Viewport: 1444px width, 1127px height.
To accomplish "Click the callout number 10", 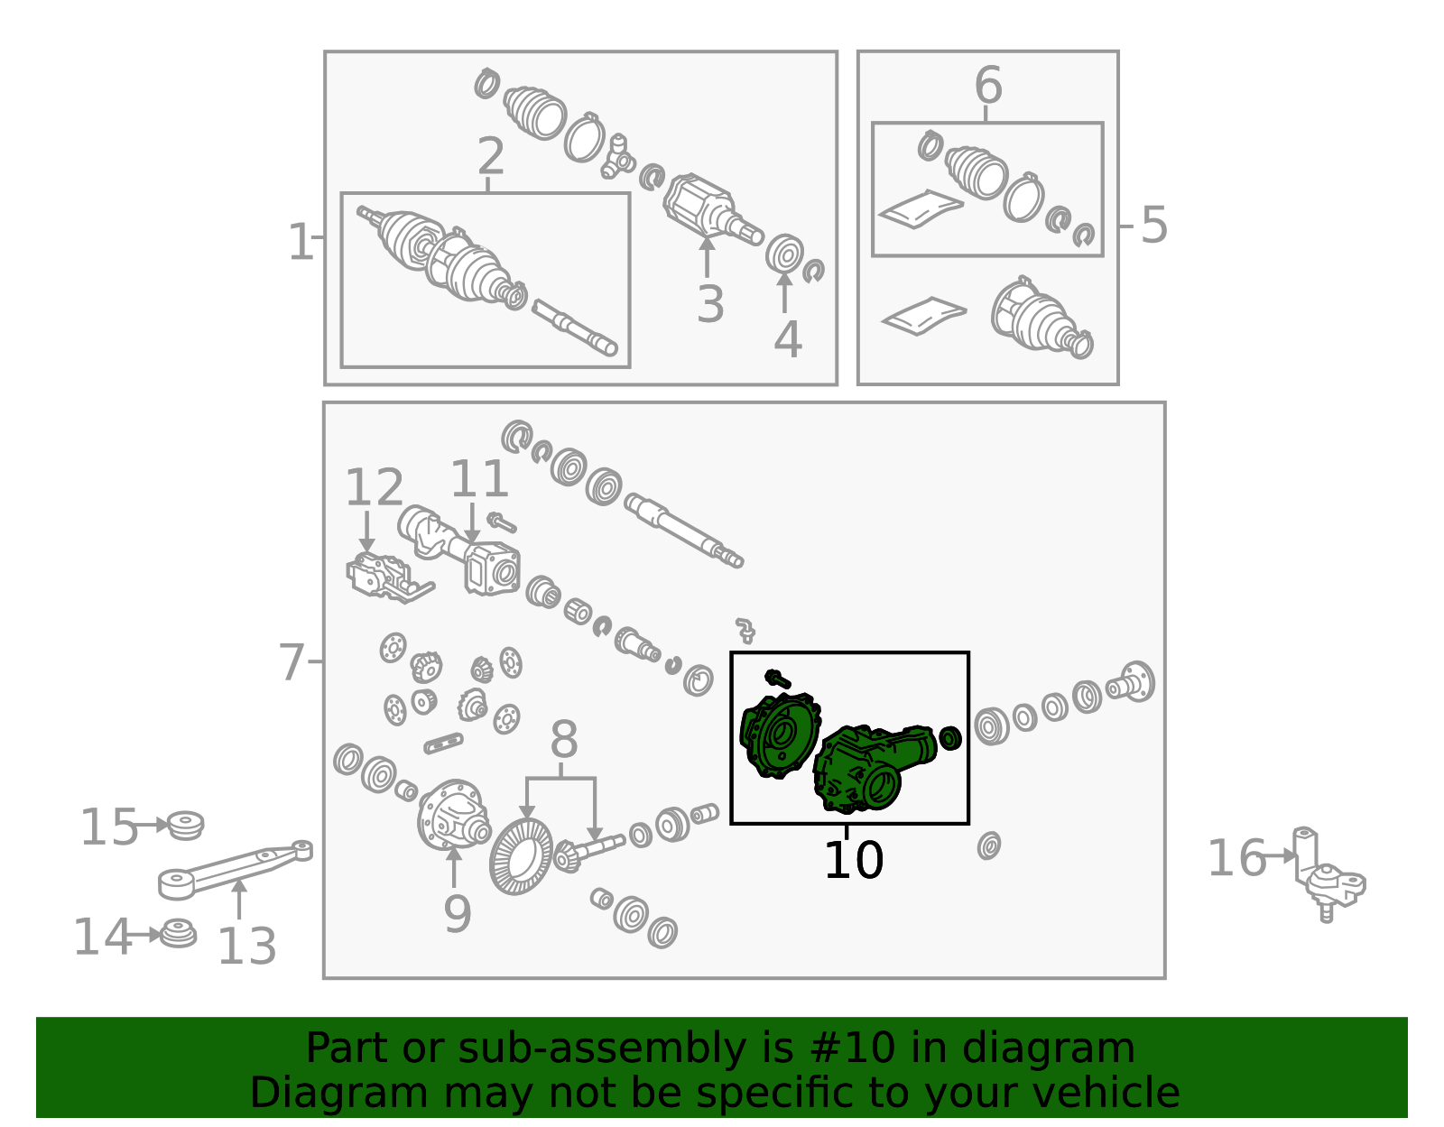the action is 853,861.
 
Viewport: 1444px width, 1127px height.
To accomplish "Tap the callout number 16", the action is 1236,858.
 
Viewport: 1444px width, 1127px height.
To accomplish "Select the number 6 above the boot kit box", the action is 988,85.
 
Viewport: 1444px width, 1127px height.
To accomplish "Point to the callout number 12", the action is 375,487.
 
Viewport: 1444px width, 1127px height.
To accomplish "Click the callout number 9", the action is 458,914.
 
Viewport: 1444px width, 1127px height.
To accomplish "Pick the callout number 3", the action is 709,305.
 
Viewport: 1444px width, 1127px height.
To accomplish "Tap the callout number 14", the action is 102,938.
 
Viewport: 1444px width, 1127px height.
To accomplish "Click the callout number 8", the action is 563,739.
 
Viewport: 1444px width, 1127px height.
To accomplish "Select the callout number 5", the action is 1153,226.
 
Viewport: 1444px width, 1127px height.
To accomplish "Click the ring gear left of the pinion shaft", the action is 521,856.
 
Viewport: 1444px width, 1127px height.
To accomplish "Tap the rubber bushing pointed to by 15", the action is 185,826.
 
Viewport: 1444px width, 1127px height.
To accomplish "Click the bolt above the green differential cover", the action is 777,679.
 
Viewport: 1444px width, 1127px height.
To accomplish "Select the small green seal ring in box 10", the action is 950,738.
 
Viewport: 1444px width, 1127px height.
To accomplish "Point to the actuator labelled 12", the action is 389,577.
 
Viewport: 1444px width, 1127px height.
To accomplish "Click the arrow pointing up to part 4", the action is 785,292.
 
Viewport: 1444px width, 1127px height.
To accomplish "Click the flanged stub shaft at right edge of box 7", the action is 1130,683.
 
